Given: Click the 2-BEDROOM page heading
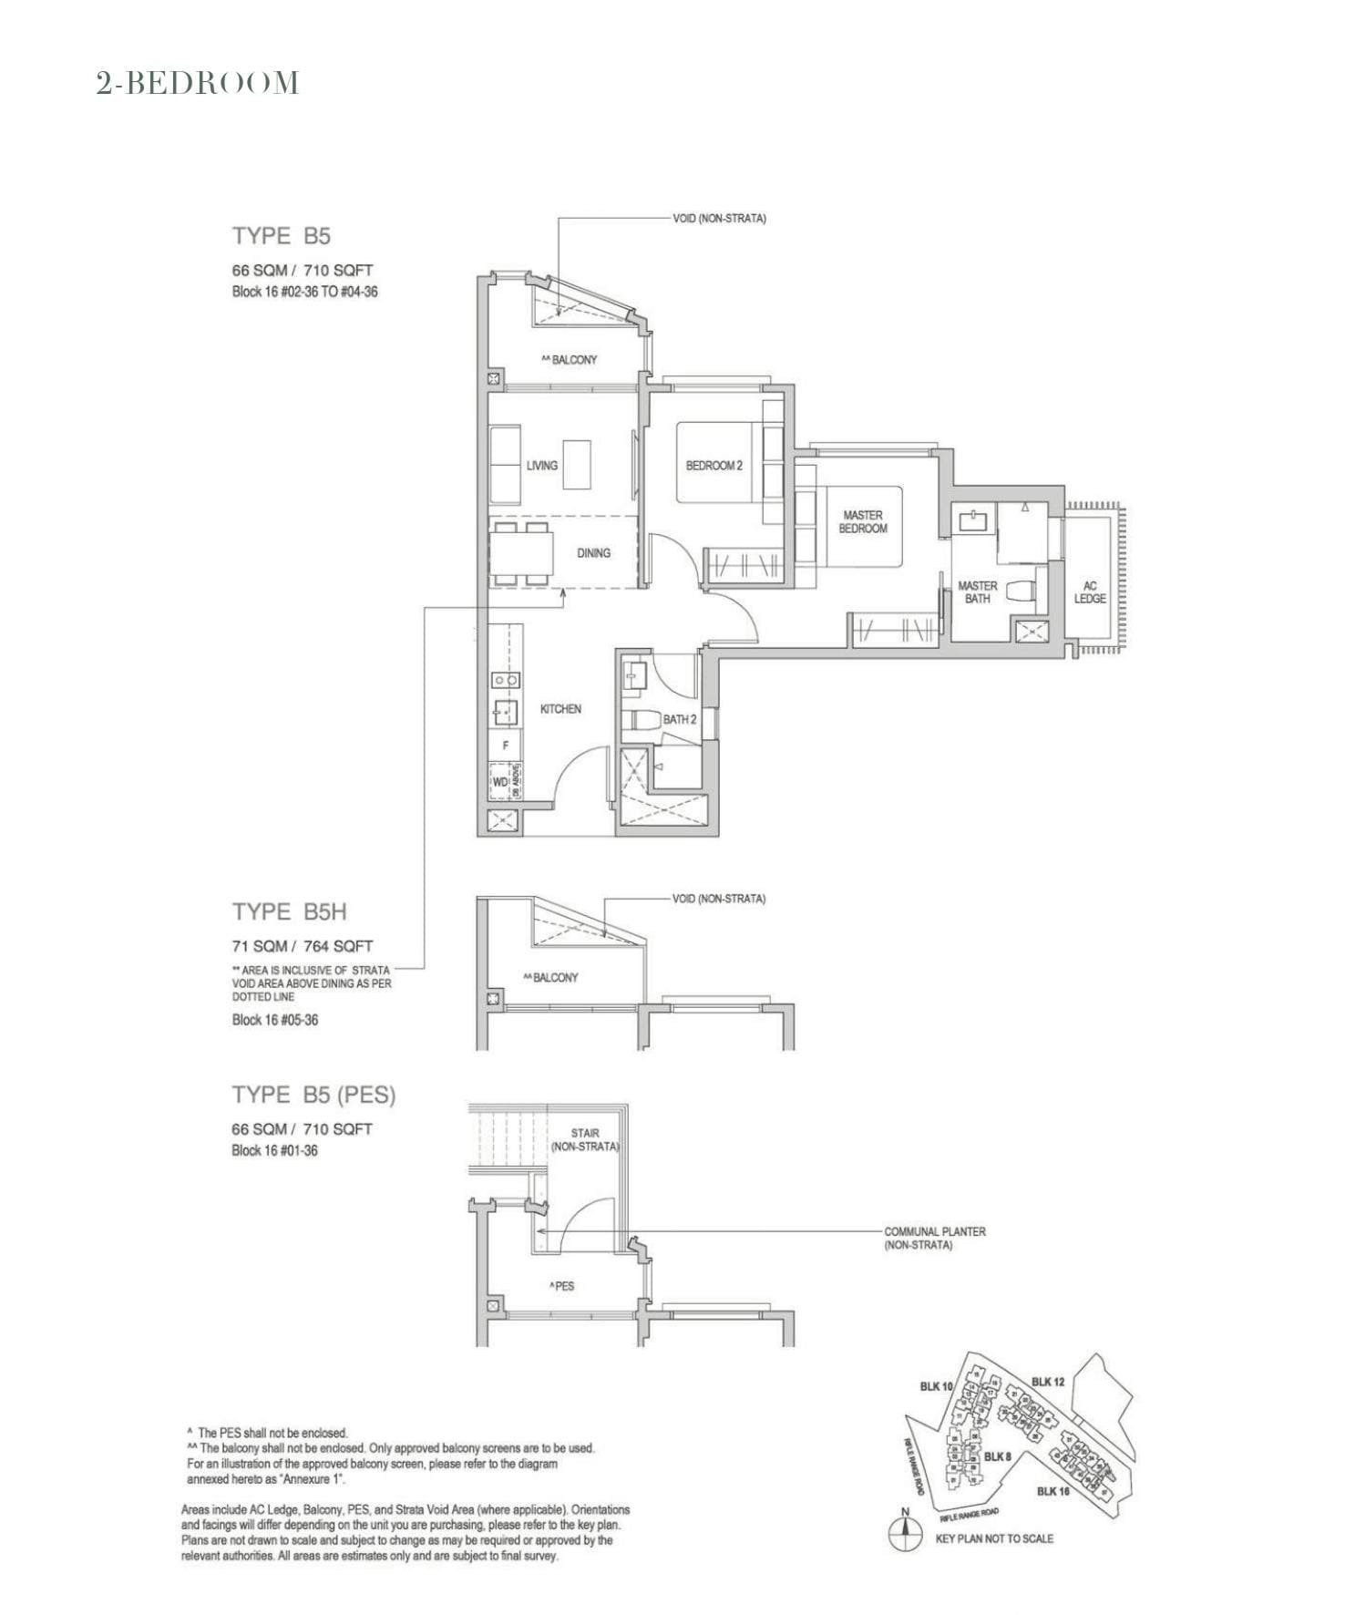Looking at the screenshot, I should (198, 83).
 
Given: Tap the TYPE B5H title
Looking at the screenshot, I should (289, 911).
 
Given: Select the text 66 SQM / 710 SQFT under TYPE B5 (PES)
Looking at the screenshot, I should (302, 1128).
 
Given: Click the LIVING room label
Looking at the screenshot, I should (541, 465).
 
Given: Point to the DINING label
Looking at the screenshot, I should (593, 552).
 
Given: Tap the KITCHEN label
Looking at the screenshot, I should (560, 708).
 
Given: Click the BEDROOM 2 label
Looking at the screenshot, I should (714, 465).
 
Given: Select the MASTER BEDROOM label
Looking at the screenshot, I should (862, 521).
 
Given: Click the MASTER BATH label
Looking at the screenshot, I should (977, 592).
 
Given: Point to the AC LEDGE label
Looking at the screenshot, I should (1090, 592).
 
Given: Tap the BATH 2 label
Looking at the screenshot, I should (679, 719).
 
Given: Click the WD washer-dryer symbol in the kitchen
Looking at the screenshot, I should (499, 782).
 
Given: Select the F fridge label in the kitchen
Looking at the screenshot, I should (505, 746).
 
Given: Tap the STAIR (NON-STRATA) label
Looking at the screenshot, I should (585, 1139).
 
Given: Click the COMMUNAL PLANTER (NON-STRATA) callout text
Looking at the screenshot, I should (934, 1238).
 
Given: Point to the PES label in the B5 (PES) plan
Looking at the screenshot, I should (562, 1286).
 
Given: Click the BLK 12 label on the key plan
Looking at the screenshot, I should (1048, 1382).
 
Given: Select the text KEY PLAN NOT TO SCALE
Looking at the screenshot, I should (994, 1538).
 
